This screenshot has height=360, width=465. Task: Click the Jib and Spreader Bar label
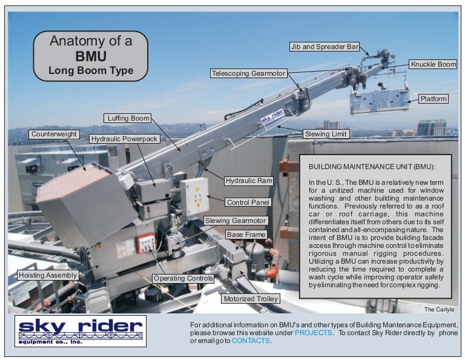[325, 47]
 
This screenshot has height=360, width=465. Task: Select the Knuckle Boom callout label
[434, 64]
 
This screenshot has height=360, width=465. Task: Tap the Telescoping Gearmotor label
[248, 73]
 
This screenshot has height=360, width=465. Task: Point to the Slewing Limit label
[326, 134]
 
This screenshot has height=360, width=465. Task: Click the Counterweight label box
[54, 134]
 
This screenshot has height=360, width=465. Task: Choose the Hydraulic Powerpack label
[124, 139]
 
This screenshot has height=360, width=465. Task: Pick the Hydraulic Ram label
[249, 181]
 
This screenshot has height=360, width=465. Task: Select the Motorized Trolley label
[251, 299]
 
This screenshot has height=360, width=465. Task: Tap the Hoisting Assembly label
[48, 275]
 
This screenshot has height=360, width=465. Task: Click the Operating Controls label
[183, 278]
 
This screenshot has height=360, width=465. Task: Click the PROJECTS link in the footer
[313, 333]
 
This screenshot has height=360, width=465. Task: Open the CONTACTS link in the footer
[251, 341]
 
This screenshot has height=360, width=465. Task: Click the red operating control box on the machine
[145, 243]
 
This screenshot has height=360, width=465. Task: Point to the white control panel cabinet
[194, 196]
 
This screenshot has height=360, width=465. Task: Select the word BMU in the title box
[91, 56]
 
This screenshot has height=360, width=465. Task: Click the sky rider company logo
[81, 331]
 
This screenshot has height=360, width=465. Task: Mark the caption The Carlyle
[439, 309]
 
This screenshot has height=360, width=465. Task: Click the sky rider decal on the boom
[272, 116]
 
